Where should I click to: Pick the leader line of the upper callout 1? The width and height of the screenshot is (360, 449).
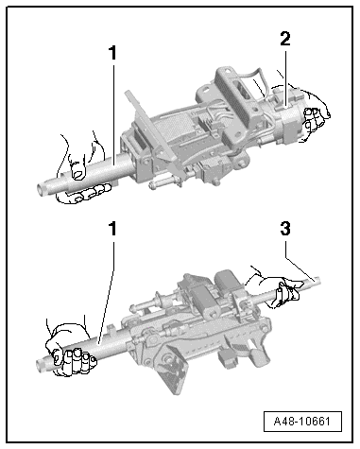tap(112, 113)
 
